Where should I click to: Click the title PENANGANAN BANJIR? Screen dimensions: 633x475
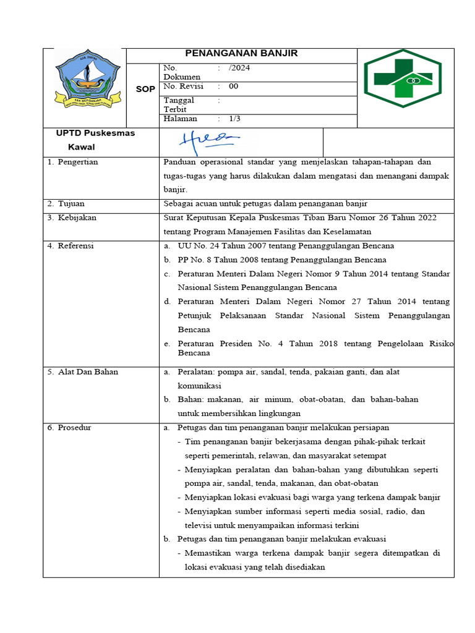point(242,54)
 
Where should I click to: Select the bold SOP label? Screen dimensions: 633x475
point(145,90)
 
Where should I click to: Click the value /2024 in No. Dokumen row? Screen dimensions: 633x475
point(239,68)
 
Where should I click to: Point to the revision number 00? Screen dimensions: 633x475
point(233,87)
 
